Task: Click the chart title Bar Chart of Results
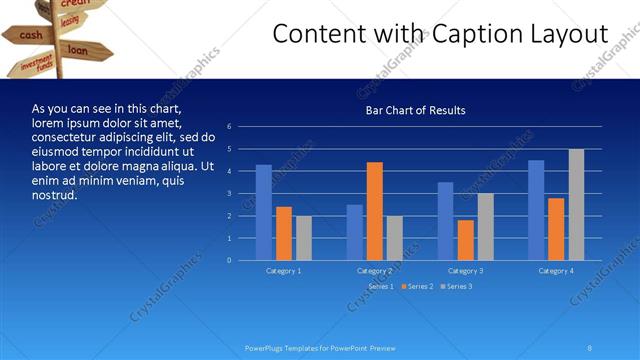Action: tap(414, 110)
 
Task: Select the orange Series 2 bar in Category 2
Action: tap(374, 211)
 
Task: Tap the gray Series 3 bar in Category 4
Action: tap(576, 205)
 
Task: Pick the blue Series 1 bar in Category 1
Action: tap(264, 212)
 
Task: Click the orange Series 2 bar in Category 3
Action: tap(465, 240)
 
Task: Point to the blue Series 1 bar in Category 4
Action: tap(536, 210)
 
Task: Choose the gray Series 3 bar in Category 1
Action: tap(304, 238)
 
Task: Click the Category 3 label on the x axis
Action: tap(465, 271)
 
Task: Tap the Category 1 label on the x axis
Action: tap(284, 271)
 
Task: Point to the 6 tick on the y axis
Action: tap(230, 127)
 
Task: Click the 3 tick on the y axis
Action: tap(230, 194)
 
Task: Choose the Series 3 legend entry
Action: tap(457, 287)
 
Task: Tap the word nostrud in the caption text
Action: tap(55, 194)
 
